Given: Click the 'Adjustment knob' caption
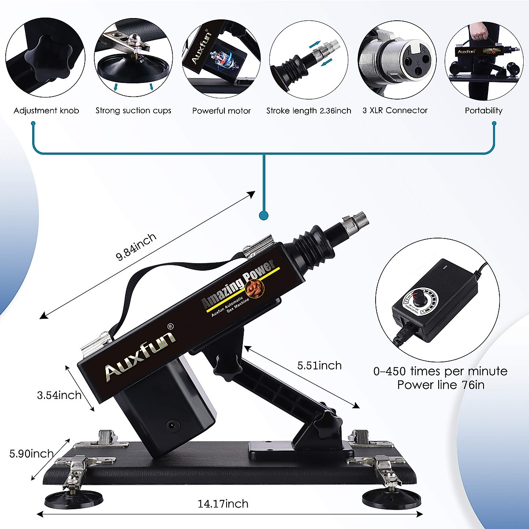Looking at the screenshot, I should [x=46, y=111].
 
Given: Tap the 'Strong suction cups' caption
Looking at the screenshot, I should [x=133, y=111].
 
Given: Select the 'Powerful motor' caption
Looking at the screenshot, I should [x=221, y=111].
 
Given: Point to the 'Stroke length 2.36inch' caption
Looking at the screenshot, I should [x=309, y=111].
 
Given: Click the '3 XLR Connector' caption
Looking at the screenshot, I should [x=395, y=111].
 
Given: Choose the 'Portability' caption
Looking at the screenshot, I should [x=484, y=111].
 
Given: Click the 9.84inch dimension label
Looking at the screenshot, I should [x=136, y=247].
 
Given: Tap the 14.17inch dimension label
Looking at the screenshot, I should [x=223, y=503].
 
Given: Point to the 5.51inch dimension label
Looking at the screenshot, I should [x=319, y=365].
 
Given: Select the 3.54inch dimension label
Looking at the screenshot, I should [x=59, y=395].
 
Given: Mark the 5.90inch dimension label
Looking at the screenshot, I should [x=32, y=453].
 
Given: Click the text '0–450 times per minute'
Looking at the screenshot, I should [x=440, y=371].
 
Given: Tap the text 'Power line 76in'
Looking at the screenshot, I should [x=440, y=385].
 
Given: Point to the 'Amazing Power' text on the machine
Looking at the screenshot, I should [x=238, y=284].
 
